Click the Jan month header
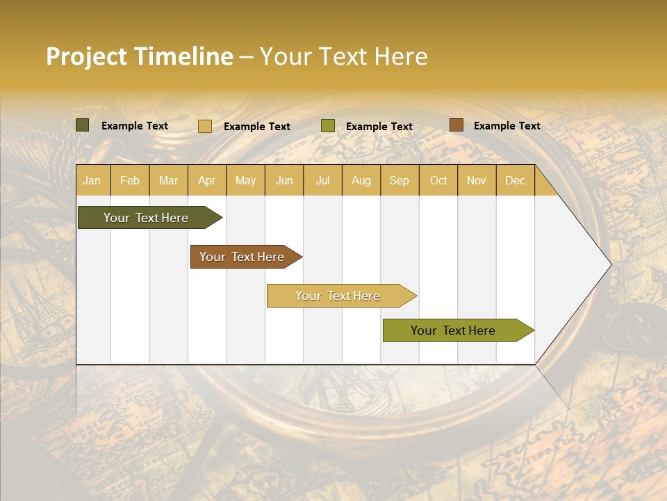click(x=92, y=180)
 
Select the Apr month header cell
click(x=206, y=180)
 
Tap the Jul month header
click(x=322, y=180)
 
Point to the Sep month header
click(x=399, y=180)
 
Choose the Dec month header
click(x=515, y=180)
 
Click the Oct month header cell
click(x=438, y=180)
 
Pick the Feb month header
click(x=130, y=180)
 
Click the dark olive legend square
click(x=83, y=125)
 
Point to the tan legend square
click(x=205, y=126)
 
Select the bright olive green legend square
click(x=328, y=126)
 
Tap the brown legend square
click(x=456, y=125)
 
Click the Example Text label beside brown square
click(x=507, y=126)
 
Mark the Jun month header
click(x=284, y=180)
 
